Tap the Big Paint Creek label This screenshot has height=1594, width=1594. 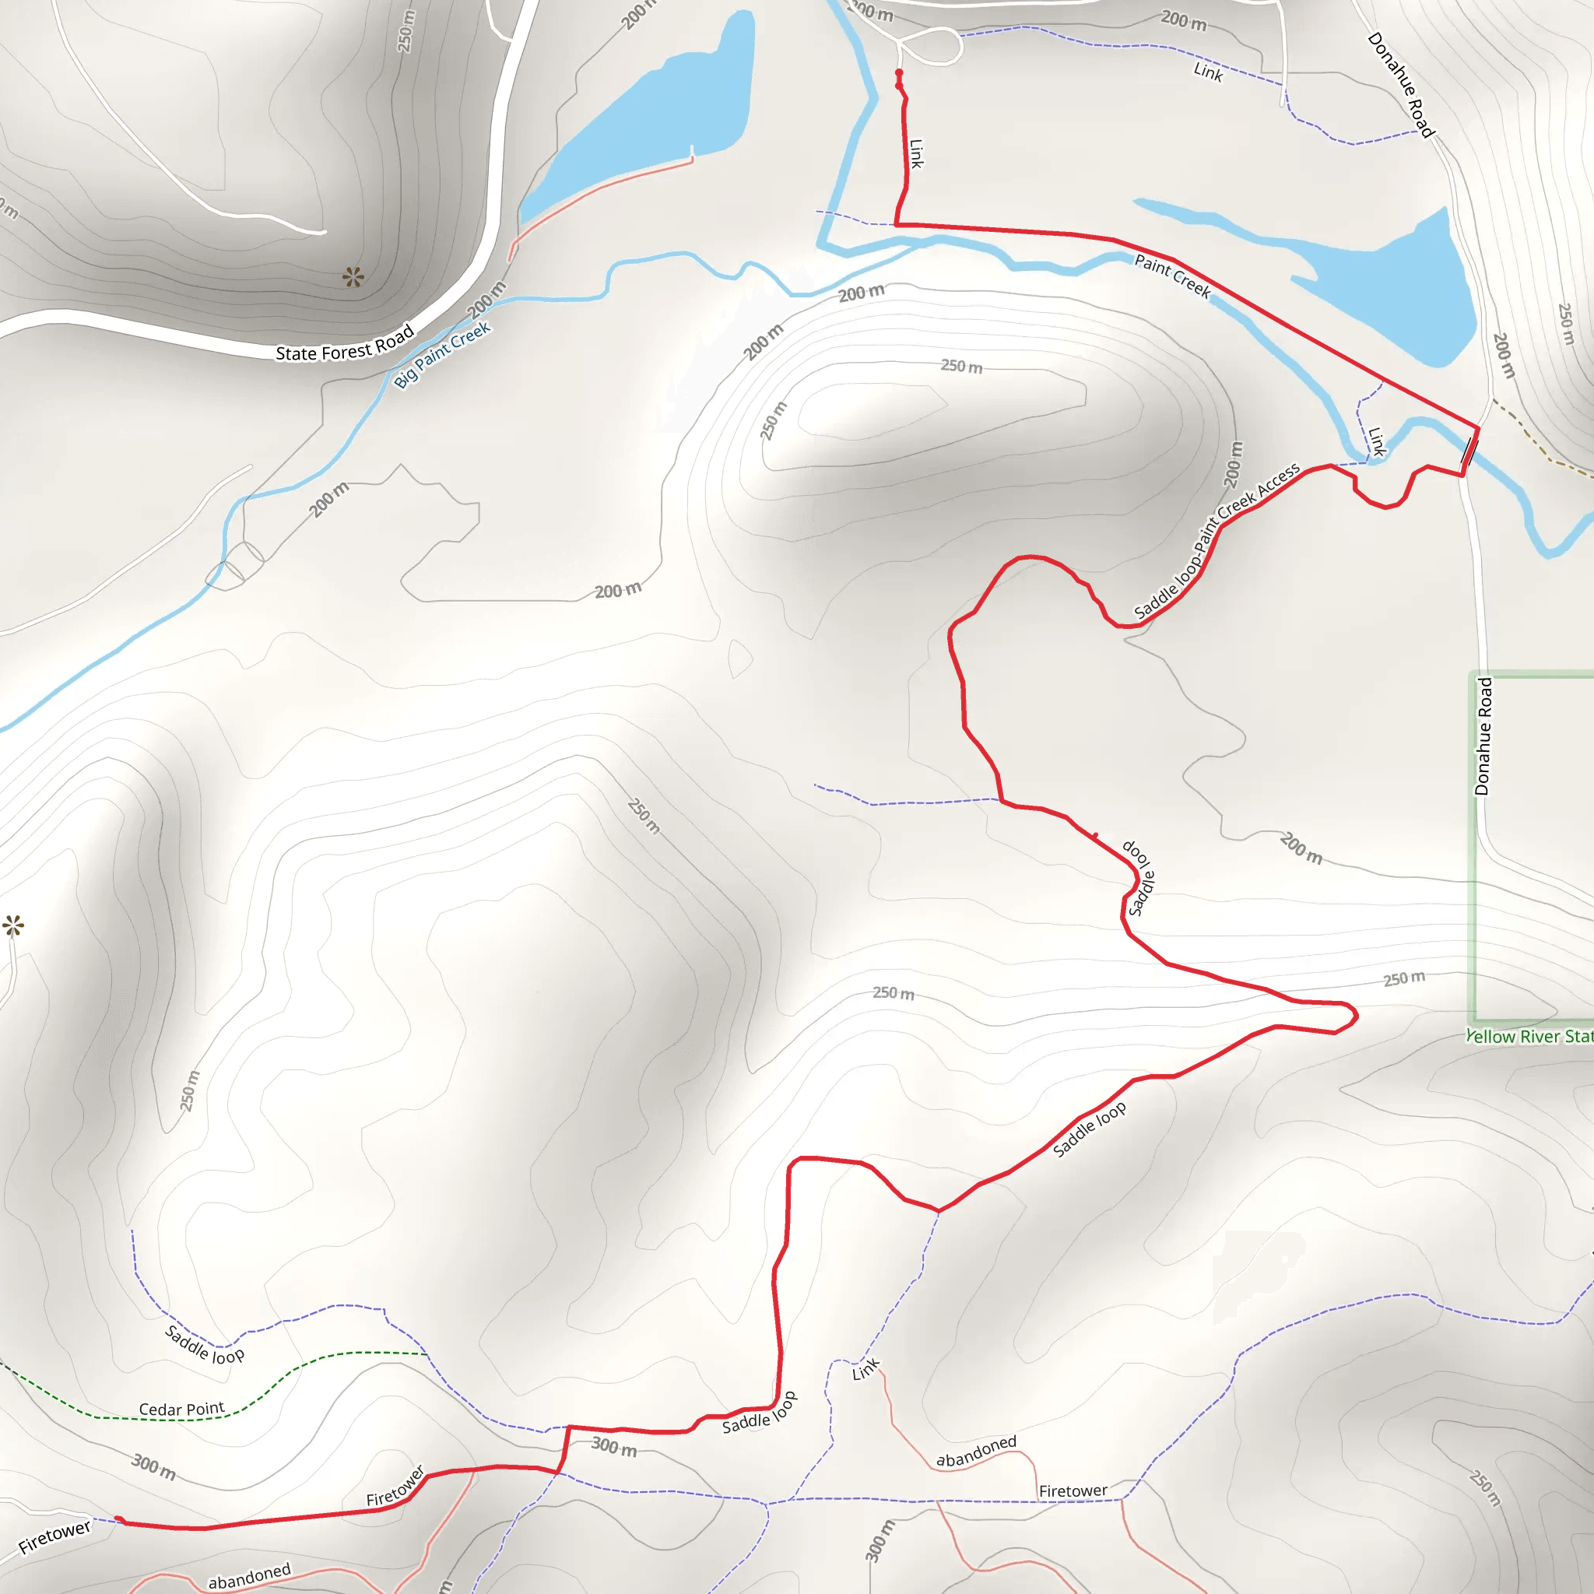442,354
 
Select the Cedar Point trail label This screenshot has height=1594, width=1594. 181,1410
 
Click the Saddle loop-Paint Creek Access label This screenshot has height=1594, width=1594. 1217,540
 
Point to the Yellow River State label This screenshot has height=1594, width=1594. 1529,1036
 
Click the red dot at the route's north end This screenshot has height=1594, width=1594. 899,73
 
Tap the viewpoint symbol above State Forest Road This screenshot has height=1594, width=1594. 353,276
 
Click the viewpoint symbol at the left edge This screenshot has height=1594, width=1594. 13,925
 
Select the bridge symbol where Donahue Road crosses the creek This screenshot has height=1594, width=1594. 1469,452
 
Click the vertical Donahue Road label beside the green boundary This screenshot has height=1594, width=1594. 1483,737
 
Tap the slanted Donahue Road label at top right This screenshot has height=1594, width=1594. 1401,84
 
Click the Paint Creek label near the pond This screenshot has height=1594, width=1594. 1172,276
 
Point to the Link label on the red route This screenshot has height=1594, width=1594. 916,153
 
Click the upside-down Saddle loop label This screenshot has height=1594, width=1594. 1139,878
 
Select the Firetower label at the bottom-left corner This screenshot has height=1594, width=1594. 54,1537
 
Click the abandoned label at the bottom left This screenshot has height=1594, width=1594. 249,1575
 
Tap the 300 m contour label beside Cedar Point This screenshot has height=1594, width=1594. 153,1467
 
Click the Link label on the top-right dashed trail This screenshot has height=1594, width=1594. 1208,72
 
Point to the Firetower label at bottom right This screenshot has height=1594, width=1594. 1073,1490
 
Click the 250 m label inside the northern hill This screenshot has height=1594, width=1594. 961,366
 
